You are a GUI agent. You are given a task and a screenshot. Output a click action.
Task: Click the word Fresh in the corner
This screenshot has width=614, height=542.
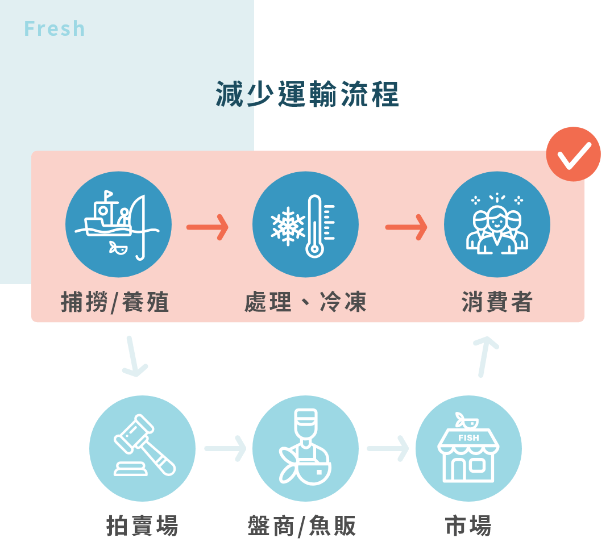click(x=55, y=29)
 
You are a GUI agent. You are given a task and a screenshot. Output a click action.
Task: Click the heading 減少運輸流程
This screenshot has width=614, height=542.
click(x=307, y=94)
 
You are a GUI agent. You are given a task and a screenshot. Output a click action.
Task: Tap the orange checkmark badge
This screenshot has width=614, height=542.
click(x=573, y=154)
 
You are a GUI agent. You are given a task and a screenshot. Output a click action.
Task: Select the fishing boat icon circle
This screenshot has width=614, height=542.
click(x=118, y=224)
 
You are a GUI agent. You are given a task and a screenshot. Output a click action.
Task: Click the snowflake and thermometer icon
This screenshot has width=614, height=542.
click(x=305, y=224)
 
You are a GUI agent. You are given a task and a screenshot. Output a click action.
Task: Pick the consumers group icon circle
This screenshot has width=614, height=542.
click(x=497, y=224)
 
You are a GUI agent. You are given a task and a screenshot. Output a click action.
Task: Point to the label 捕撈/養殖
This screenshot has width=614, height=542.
click(x=115, y=302)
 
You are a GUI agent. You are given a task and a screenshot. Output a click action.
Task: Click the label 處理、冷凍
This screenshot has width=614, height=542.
click(x=305, y=302)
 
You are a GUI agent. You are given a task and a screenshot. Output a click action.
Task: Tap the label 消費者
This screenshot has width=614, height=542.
click(x=497, y=302)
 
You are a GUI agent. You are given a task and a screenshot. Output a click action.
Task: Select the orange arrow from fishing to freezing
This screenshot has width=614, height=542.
click(x=208, y=228)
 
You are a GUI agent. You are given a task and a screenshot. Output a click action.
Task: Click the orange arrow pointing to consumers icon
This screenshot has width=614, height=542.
click(x=406, y=228)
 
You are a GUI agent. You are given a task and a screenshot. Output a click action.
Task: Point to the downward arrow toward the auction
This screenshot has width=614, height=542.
click(x=134, y=357)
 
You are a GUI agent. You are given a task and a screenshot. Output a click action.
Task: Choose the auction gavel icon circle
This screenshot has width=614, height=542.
click(x=142, y=448)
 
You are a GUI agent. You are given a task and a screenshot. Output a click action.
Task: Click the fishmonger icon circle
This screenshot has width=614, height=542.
click(x=305, y=448)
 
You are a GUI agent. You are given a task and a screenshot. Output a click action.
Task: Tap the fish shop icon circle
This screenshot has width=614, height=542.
click(x=468, y=448)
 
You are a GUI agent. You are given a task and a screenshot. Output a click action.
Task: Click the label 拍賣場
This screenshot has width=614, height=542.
click(x=142, y=526)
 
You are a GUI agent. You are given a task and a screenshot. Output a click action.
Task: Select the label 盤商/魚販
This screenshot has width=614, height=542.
click(x=302, y=526)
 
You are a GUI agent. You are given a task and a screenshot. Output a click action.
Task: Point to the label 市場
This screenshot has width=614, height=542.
click(x=468, y=526)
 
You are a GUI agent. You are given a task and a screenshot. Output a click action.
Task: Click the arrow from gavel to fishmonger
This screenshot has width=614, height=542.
click(x=225, y=449)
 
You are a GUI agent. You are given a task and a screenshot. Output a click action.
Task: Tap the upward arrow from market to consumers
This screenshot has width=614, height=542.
click(x=484, y=357)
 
